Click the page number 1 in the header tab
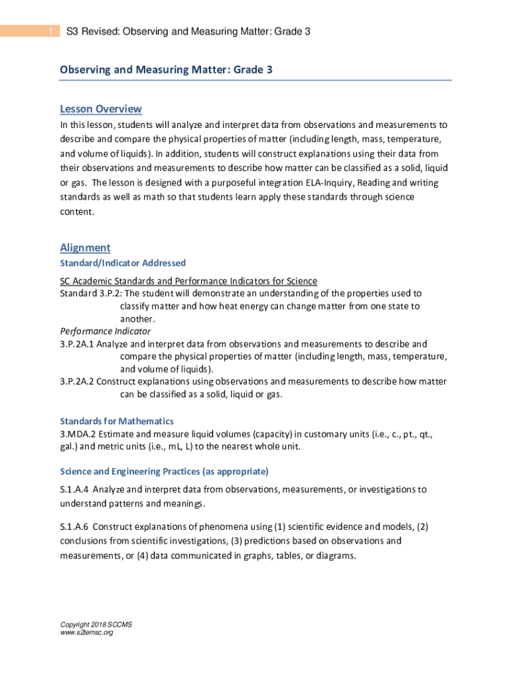tap(50, 32)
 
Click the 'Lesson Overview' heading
tap(101, 109)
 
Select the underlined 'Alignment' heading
tap(85, 248)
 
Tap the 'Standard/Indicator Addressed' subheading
tap(123, 263)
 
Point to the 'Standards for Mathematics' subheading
tap(117, 421)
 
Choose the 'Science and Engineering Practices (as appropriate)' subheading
tap(164, 471)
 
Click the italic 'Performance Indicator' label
tap(106, 331)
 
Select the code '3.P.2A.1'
tap(78, 344)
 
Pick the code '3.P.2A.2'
tap(78, 381)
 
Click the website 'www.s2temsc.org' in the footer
tap(86, 633)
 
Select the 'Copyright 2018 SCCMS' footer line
tap(96, 625)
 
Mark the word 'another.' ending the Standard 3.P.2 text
tap(137, 318)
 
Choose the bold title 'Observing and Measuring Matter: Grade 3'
tap(166, 70)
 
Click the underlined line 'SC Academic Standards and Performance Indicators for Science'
tap(188, 280)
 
